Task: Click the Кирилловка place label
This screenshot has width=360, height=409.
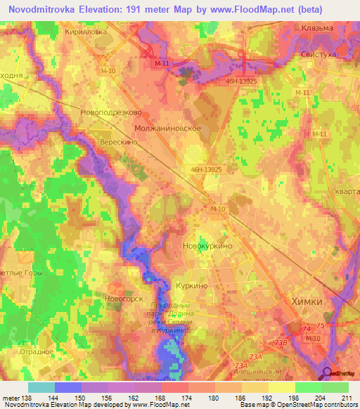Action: [86, 32]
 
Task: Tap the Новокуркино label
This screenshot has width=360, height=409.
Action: [207, 247]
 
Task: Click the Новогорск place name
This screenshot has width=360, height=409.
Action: [124, 298]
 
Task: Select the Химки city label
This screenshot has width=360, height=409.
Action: [307, 301]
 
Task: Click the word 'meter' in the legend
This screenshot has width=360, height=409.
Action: [11, 398]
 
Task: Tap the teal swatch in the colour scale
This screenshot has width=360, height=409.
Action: [41, 387]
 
